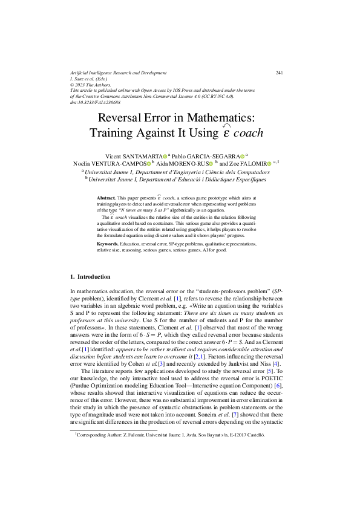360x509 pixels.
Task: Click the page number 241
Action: tap(280, 73)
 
